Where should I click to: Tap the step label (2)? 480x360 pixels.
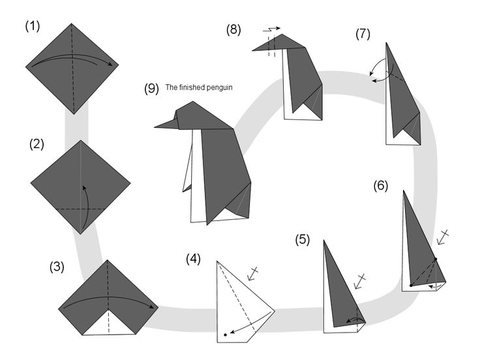(x=37, y=145)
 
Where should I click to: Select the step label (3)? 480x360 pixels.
(x=58, y=267)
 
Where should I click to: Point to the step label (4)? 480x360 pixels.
(x=193, y=258)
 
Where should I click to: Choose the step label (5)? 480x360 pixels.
(x=302, y=239)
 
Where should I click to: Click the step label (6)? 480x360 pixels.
(x=381, y=185)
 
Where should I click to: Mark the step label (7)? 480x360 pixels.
(x=364, y=34)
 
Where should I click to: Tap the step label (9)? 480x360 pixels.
(x=151, y=89)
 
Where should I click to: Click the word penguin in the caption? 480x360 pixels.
(x=220, y=87)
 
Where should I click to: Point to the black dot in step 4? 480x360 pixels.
(x=225, y=334)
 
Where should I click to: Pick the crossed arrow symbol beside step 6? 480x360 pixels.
(x=443, y=237)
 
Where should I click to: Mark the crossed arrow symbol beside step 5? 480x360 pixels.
(x=358, y=281)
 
